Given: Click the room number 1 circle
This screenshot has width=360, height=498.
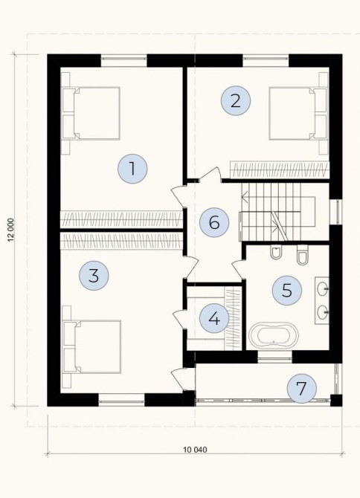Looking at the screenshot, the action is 132,169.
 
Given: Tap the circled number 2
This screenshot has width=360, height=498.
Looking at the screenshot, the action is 236,101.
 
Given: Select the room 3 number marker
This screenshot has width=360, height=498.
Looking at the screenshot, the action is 94,275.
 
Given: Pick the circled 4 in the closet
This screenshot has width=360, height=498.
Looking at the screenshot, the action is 214,318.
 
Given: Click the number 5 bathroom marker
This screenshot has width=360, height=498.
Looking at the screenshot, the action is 287,291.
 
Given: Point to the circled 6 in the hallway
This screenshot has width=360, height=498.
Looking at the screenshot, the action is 214,223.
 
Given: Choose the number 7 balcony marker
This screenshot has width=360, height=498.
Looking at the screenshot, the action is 301,388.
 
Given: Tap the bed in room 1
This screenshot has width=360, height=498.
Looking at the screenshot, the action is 91,113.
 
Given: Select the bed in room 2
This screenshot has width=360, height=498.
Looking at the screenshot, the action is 298,113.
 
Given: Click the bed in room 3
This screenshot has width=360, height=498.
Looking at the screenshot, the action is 92,346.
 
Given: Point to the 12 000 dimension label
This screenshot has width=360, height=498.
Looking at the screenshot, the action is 11,230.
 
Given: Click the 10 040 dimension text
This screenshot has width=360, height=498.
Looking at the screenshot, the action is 195,450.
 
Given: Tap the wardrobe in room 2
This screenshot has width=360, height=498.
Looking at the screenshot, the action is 280,170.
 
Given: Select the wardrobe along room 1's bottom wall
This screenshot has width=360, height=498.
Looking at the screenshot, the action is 122,219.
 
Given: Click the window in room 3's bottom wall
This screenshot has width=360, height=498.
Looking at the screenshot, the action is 121,400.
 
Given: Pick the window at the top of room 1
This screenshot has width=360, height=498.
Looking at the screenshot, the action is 124,61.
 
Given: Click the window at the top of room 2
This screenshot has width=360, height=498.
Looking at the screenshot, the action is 266,61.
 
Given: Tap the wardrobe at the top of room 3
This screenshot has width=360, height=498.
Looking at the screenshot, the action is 122,241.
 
